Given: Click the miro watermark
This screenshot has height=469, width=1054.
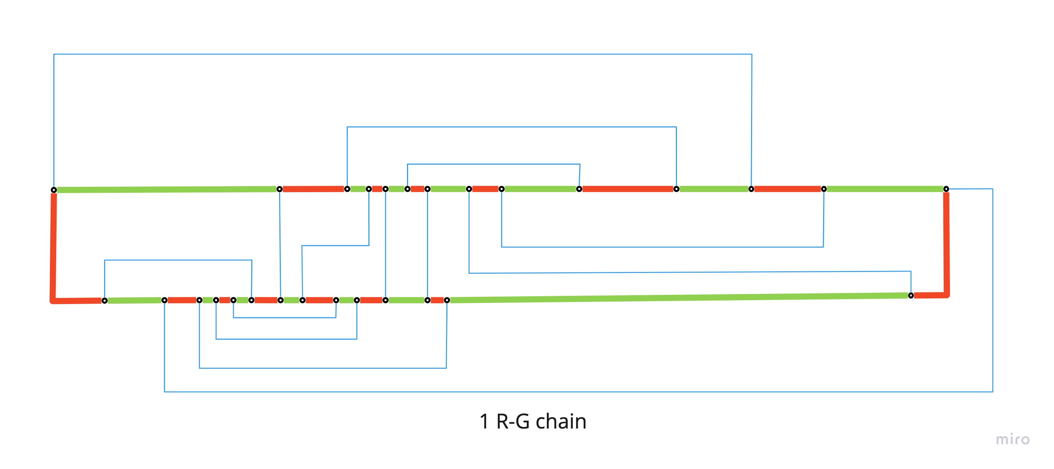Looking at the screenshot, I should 1012,439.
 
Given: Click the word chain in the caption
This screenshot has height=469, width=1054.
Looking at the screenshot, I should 561,422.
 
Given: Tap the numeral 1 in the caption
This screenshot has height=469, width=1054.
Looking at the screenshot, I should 484,422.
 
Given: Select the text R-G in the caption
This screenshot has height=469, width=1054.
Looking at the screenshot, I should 513,422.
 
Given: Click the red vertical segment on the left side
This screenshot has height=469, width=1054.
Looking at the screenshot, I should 53,246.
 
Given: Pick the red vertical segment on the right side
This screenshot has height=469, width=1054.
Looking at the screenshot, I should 946,244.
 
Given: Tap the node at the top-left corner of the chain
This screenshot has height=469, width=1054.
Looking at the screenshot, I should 54,190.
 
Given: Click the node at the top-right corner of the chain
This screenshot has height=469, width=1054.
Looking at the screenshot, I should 946,189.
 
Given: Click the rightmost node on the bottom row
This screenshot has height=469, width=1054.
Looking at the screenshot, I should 911,295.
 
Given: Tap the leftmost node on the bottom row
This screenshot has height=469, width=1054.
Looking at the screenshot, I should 104,301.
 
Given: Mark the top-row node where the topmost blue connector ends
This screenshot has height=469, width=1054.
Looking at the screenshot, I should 751,189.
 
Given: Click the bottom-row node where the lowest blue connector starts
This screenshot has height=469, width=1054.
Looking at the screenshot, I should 164,300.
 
